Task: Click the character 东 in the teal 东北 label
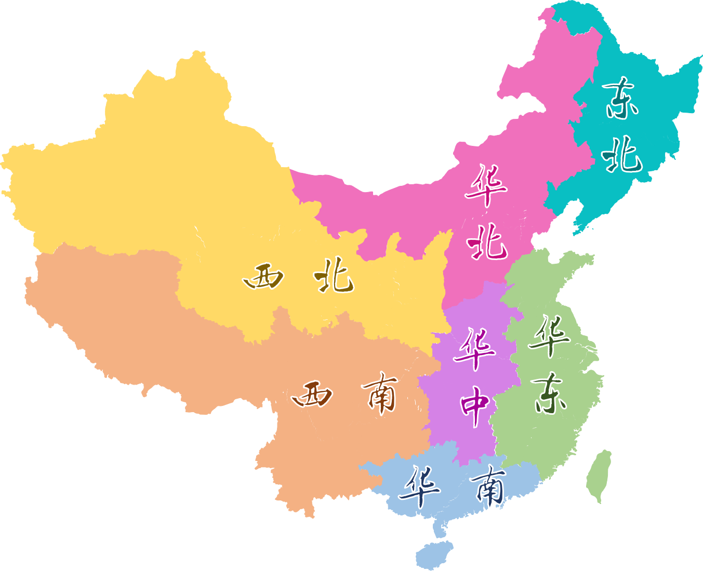click(621, 98)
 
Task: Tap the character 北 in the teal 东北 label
click(621, 155)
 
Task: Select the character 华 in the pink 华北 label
click(486, 185)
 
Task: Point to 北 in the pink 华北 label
click(487, 242)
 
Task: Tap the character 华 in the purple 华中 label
click(474, 348)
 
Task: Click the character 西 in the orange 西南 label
click(312, 396)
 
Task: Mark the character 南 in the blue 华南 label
click(488, 485)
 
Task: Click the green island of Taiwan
click(599, 475)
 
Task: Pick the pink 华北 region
click(416, 218)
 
